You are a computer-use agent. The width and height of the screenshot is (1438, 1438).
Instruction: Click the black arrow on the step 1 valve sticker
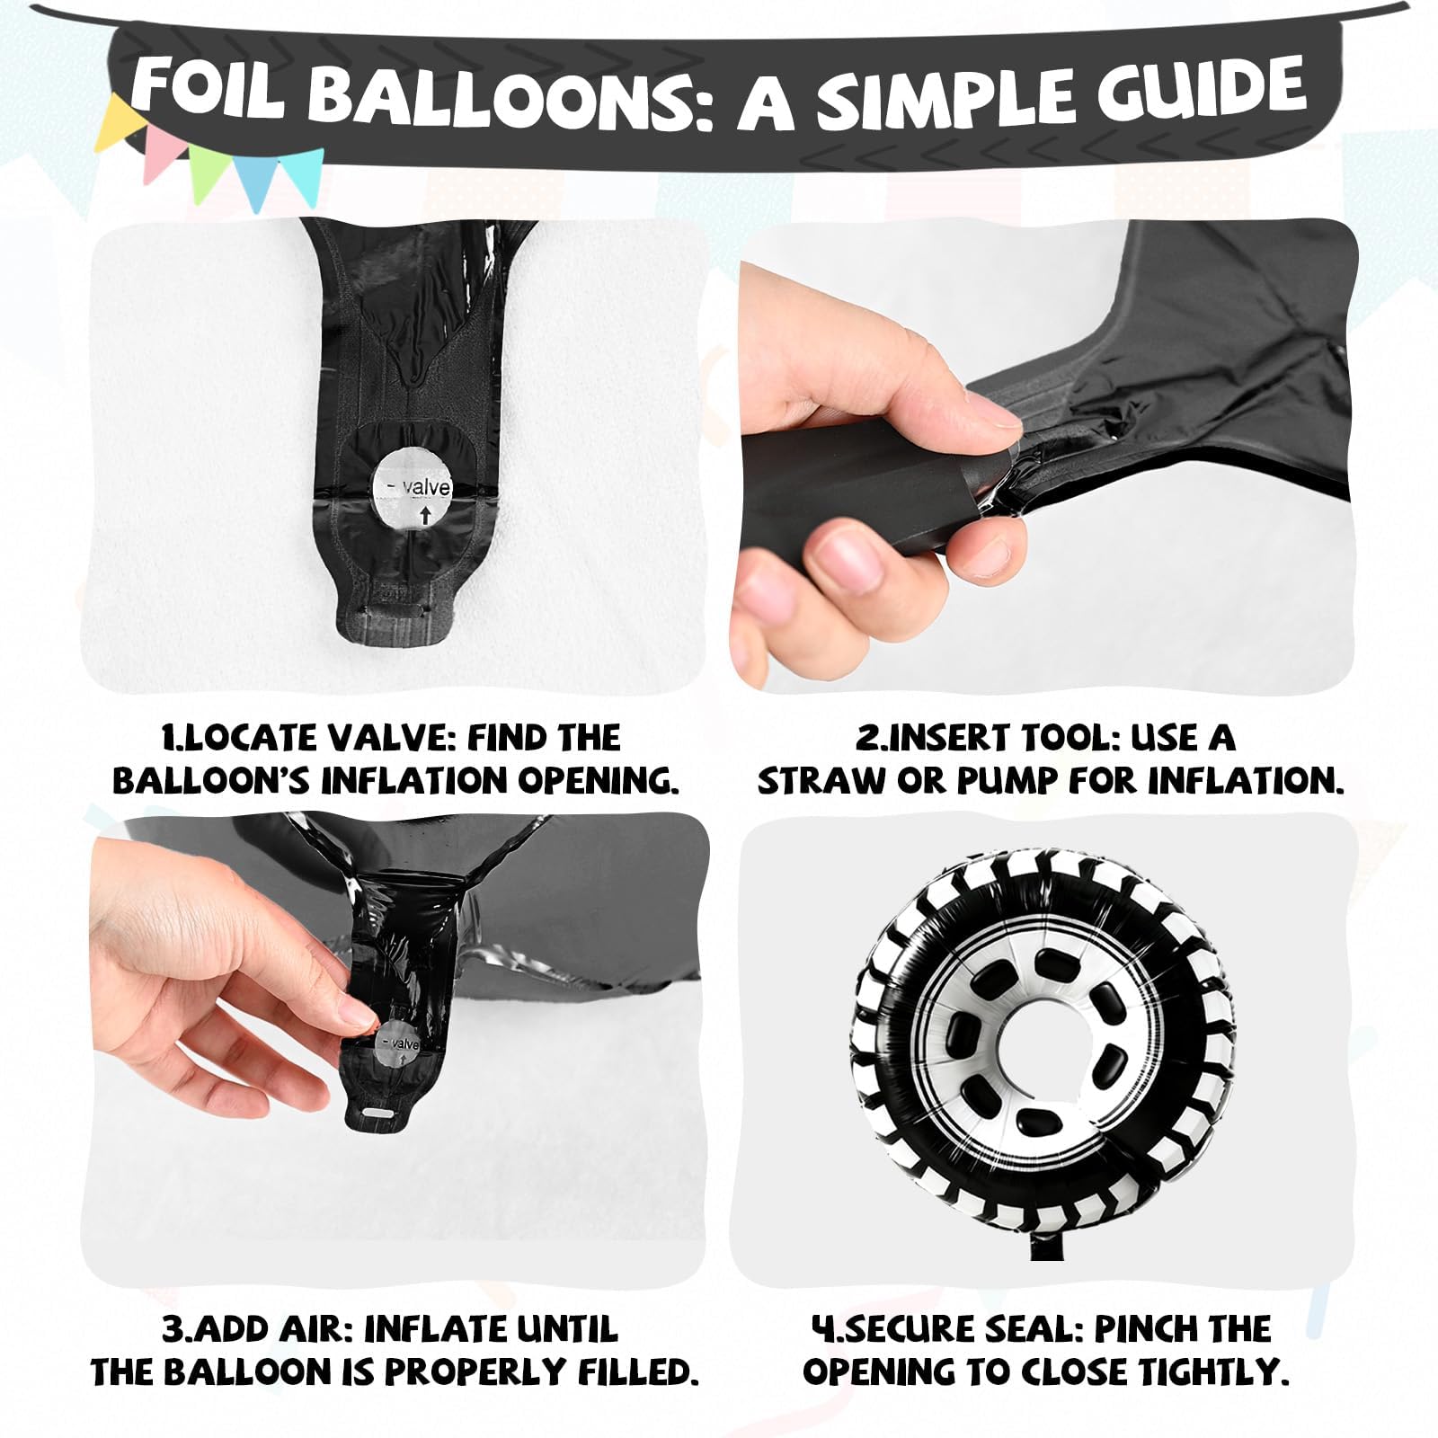pos(425,515)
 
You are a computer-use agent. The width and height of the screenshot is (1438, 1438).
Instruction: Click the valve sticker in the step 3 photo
pos(398,1044)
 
